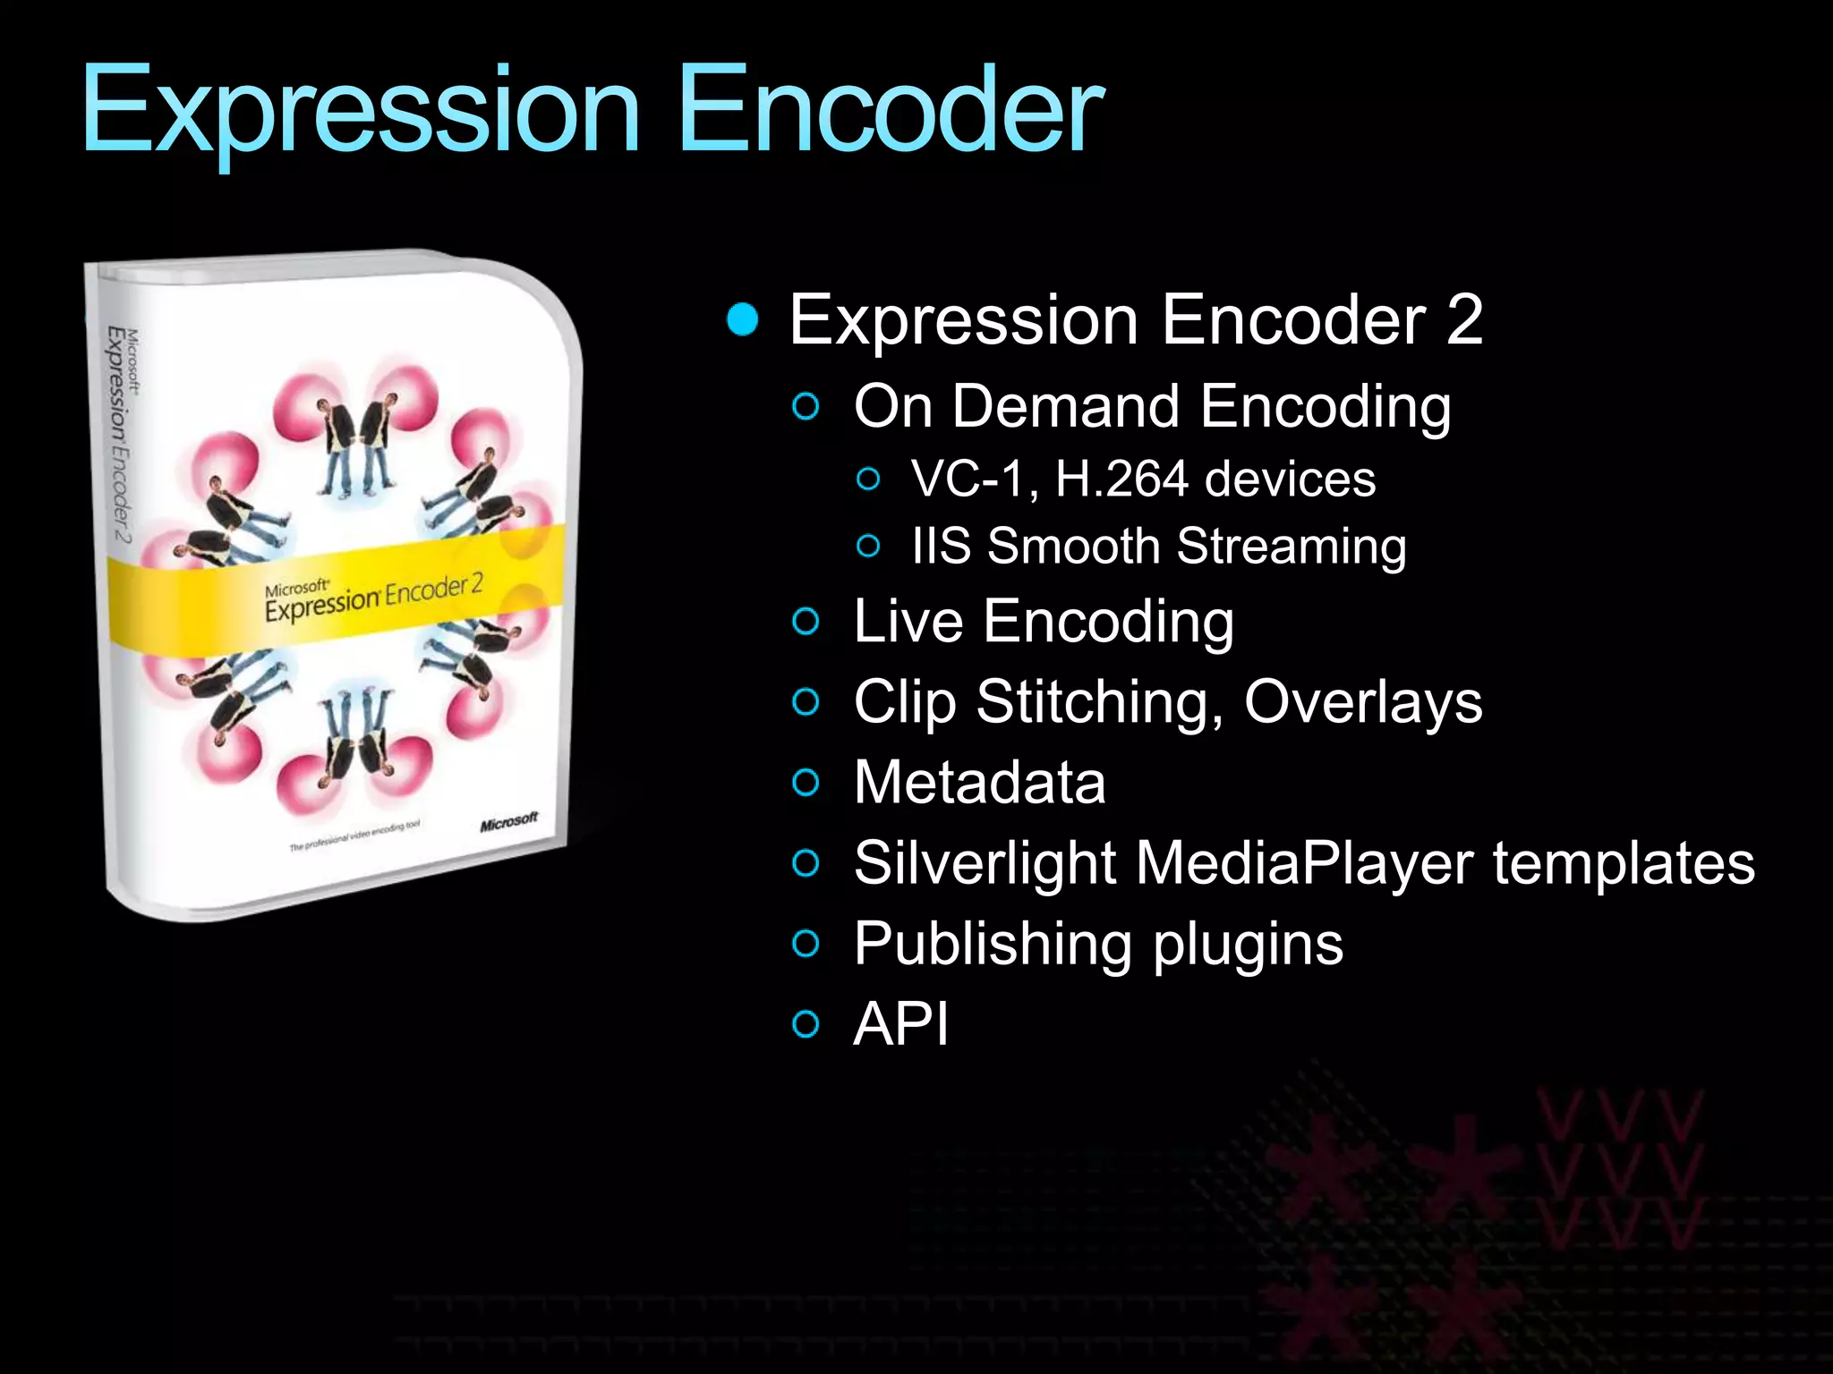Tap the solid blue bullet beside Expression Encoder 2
(743, 319)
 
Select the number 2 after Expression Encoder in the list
(1463, 319)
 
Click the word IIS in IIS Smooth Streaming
(941, 546)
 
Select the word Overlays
(1363, 701)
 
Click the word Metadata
(979, 782)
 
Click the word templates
(1624, 862)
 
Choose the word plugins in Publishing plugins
(1248, 944)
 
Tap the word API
(900, 1023)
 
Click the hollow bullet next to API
(806, 1024)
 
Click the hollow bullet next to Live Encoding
(806, 622)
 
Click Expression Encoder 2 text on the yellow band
(373, 598)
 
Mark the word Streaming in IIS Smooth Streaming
(1291, 546)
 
